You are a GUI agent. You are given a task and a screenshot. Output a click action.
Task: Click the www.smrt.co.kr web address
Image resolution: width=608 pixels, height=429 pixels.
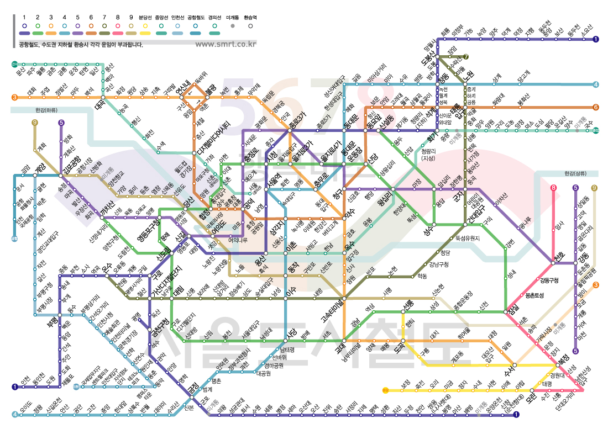pyautogui.click(x=226, y=44)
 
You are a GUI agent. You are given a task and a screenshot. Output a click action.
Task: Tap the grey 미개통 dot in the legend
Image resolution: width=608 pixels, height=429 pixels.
pyautogui.click(x=233, y=26)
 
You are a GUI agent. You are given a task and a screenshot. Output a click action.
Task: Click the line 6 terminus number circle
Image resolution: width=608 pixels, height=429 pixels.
pyautogui.click(x=596, y=107)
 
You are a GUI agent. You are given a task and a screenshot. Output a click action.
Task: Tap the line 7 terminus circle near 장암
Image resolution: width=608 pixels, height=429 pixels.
pyautogui.click(x=467, y=56)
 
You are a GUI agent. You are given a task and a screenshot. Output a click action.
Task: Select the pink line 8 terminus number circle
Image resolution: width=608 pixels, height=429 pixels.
pyautogui.click(x=553, y=188)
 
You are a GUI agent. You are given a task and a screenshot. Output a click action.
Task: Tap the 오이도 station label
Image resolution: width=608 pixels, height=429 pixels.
pyautogui.click(x=25, y=408)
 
